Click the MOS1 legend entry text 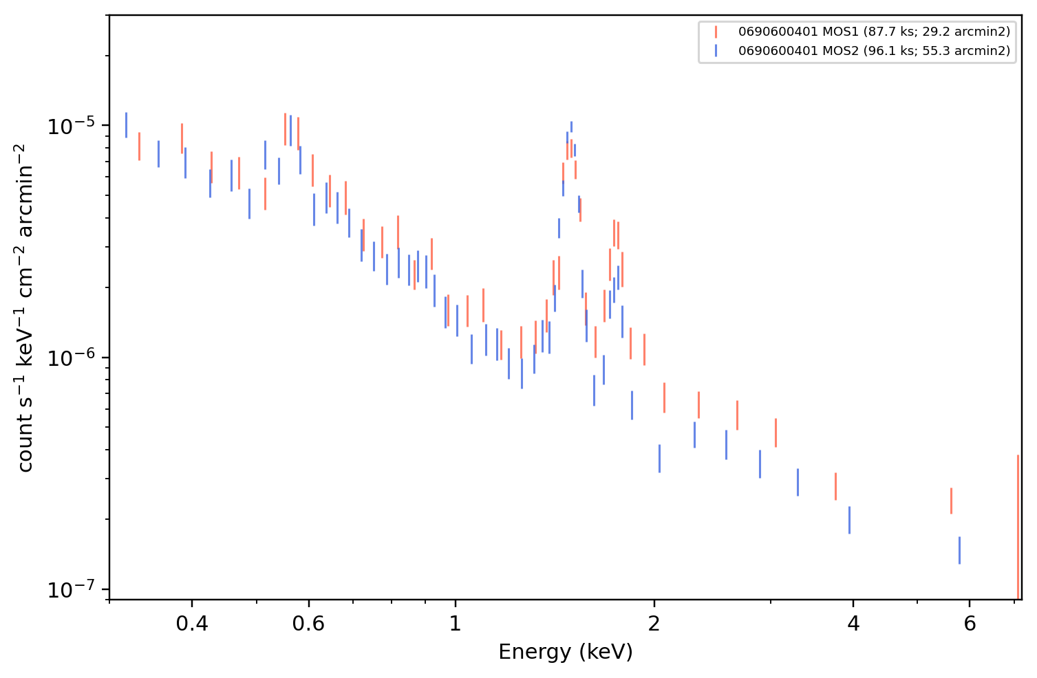click(x=874, y=32)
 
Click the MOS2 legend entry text click(x=874, y=50)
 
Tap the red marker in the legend click(x=716, y=32)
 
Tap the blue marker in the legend click(x=716, y=50)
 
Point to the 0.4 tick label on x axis click(x=192, y=624)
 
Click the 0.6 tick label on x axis click(x=308, y=624)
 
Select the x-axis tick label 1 click(x=456, y=624)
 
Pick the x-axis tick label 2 click(x=654, y=624)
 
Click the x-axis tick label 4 click(x=853, y=624)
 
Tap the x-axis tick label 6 click(x=970, y=624)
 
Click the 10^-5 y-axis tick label click(x=71, y=126)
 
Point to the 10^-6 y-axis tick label click(x=71, y=358)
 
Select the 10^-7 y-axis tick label click(x=71, y=590)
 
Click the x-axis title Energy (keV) click(x=565, y=652)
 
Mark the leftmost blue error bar click(x=127, y=125)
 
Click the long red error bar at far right click(x=1018, y=527)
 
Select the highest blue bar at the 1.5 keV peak click(x=571, y=127)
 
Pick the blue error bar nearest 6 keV click(x=959, y=550)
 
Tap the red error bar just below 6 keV click(x=951, y=501)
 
